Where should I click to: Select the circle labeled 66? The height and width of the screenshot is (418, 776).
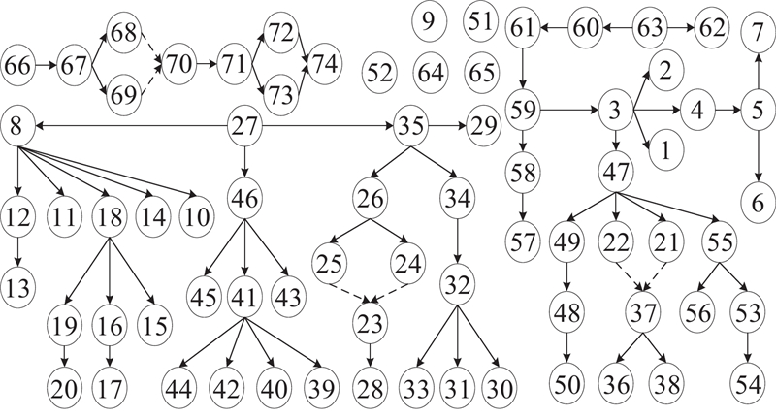coord(17,66)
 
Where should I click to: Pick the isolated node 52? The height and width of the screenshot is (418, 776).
coord(380,71)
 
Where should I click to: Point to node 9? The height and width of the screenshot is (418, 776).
coord(428,18)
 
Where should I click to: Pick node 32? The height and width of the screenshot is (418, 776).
coord(457,285)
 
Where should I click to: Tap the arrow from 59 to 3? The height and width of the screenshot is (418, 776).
coord(567,112)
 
